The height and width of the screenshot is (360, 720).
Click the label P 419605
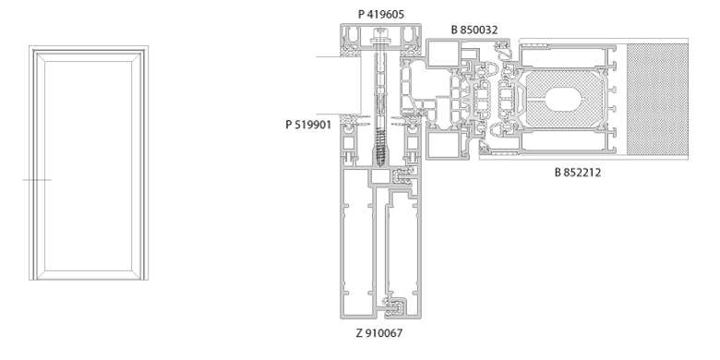pyautogui.click(x=381, y=14)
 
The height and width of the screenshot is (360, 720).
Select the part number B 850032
pyautogui.click(x=474, y=30)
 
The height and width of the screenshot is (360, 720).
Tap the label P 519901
pyautogui.click(x=308, y=125)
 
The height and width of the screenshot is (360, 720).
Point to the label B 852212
pyautogui.click(x=578, y=173)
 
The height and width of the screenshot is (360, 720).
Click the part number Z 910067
pyautogui.click(x=379, y=333)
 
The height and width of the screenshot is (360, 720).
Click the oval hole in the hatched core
pyautogui.click(x=563, y=99)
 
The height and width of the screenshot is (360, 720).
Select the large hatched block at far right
pyautogui.click(x=657, y=99)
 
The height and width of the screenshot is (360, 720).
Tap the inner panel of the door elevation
pyautogui.click(x=89, y=166)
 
